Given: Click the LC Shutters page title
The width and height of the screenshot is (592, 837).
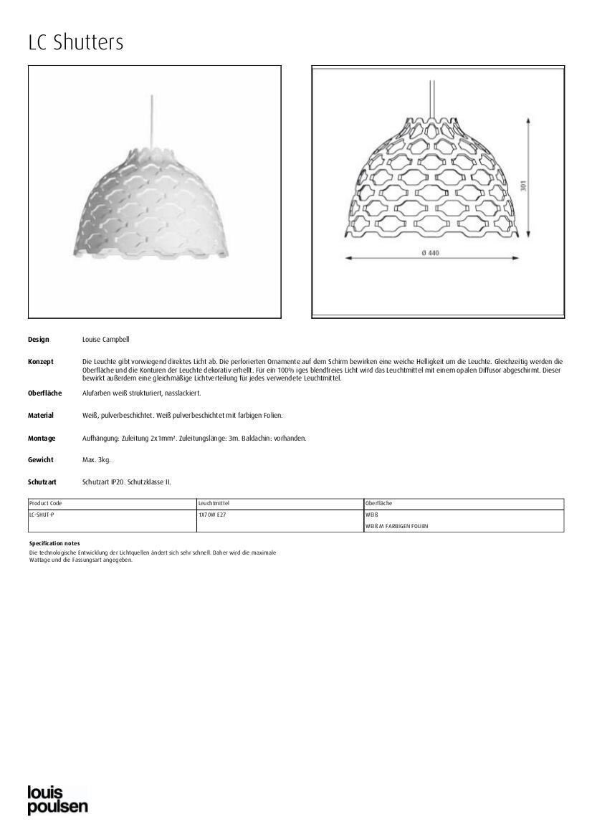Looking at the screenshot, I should (x=76, y=42).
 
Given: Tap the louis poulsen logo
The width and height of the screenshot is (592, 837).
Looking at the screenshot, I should (x=57, y=800).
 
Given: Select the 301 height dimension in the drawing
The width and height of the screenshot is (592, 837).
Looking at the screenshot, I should (x=524, y=185).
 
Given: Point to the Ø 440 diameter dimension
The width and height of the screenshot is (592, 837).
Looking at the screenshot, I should (x=430, y=252).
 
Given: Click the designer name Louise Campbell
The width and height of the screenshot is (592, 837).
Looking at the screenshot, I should (x=106, y=340).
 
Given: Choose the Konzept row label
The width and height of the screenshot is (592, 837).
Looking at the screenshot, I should (x=41, y=362).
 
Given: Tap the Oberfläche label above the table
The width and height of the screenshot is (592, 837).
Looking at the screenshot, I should (x=44, y=393).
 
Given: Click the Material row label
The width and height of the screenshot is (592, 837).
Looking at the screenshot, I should (x=41, y=416).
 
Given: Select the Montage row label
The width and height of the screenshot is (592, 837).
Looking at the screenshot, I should (x=42, y=438).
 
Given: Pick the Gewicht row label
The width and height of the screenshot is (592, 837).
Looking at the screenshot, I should (x=41, y=460).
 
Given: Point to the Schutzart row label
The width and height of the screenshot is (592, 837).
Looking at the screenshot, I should (x=42, y=482).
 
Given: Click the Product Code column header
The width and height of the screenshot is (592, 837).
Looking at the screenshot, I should (x=45, y=504).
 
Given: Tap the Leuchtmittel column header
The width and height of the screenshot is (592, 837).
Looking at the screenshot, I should (x=214, y=504).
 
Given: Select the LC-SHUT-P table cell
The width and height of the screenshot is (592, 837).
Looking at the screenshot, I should (x=42, y=515).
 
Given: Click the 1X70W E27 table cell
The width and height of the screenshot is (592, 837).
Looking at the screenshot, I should (x=212, y=515).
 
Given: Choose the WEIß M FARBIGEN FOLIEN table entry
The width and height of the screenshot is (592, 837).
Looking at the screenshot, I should (x=396, y=527).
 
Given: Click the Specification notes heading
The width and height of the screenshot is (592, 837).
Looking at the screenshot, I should (x=54, y=543).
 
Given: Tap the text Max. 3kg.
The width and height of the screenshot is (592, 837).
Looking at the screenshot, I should (x=97, y=460).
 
